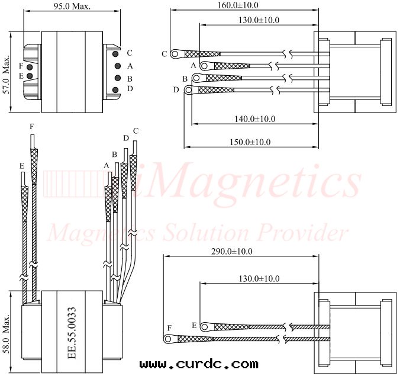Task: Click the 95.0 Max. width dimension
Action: coord(72,7)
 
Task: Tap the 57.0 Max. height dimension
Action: coord(7,75)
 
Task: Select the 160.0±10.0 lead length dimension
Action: coord(238,5)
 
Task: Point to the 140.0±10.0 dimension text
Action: coord(255,118)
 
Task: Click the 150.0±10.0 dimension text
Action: coord(250,142)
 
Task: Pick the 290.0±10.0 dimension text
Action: coord(232,252)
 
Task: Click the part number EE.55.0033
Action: coord(72,333)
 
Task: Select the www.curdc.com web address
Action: coord(199,364)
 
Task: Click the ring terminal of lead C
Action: coord(175,54)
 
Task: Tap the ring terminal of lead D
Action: coord(189,90)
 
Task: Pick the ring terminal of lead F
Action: coord(168,339)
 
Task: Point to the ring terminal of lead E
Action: coord(204,327)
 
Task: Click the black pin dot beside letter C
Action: coord(115,54)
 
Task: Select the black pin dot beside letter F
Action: coord(30,68)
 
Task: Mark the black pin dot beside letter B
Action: coord(118,78)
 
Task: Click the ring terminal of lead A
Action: coord(204,66)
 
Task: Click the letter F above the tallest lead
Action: coord(31,126)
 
